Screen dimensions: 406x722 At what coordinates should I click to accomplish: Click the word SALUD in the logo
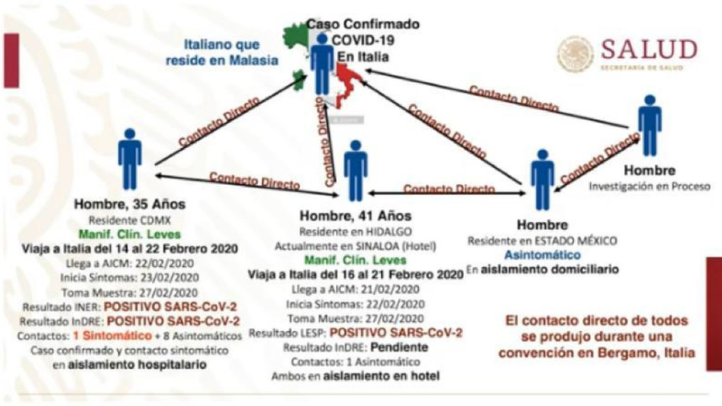tap(649, 50)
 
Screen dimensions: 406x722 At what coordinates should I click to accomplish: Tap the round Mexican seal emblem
tap(575, 55)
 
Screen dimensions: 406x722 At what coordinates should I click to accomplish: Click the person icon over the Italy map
tap(322, 63)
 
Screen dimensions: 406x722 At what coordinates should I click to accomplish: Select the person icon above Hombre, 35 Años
tap(130, 159)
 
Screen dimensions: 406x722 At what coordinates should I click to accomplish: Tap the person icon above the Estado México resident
tap(542, 179)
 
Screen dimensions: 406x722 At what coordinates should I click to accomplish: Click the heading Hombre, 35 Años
tap(130, 205)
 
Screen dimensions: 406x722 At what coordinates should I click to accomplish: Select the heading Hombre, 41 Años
tap(355, 216)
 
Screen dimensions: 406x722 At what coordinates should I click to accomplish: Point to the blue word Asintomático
tap(541, 254)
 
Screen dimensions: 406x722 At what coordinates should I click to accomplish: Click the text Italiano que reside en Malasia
tap(221, 53)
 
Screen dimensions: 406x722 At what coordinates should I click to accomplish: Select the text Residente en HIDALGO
tap(355, 231)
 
